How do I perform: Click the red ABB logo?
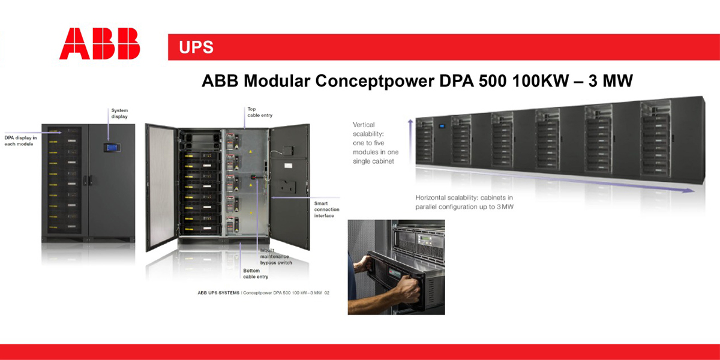click(x=100, y=43)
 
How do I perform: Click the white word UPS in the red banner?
click(x=196, y=47)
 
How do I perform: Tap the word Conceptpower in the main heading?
click(x=375, y=81)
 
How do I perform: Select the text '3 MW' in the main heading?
click(x=611, y=80)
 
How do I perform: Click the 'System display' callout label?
click(x=119, y=113)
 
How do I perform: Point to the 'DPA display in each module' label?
click(x=20, y=141)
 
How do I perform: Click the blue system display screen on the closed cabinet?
click(x=112, y=148)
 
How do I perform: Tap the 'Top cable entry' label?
click(x=260, y=112)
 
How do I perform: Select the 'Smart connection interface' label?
click(x=326, y=209)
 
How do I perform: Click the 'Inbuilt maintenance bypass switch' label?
click(x=276, y=257)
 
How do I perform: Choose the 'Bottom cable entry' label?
click(x=256, y=274)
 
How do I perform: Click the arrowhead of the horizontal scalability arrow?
click(x=689, y=190)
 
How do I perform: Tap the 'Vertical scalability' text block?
click(x=376, y=143)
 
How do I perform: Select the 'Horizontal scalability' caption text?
click(x=464, y=202)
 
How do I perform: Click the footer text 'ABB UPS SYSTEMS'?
click(x=218, y=293)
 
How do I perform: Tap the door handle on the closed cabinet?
click(x=88, y=180)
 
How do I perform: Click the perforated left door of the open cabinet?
click(x=161, y=187)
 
